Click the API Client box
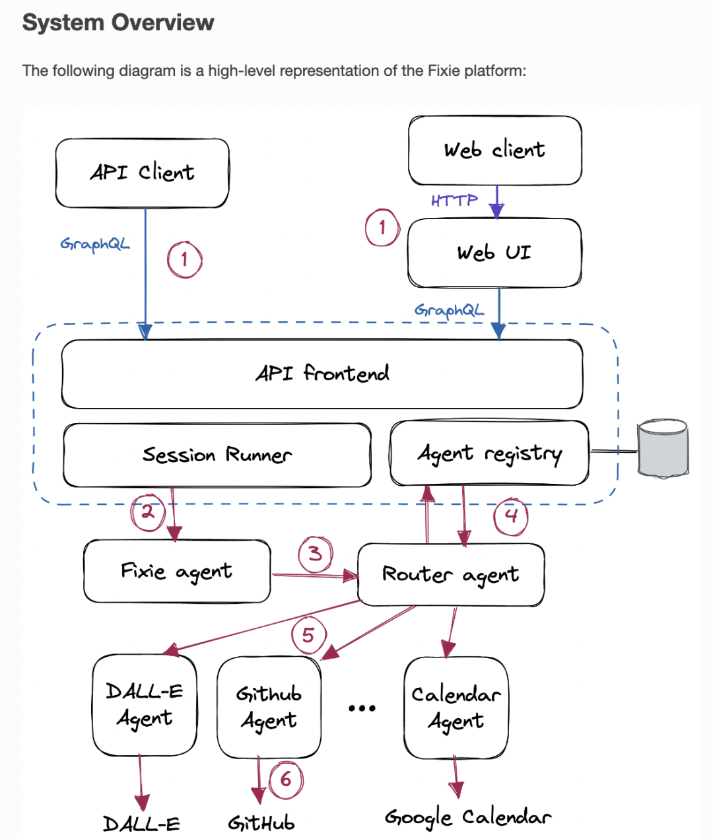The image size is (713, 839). (142, 173)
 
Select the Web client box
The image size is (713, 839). (495, 151)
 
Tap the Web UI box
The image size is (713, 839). (494, 252)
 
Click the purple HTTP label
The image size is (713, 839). (454, 200)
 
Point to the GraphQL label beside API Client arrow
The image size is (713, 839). (95, 244)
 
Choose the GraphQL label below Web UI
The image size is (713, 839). (449, 310)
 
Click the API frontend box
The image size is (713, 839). (322, 374)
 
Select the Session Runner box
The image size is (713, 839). (217, 455)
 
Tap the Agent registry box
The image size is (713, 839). (489, 453)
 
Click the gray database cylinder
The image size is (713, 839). (663, 449)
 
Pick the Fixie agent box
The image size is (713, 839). (177, 571)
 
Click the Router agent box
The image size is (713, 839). (451, 574)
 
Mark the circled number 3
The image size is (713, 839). (316, 554)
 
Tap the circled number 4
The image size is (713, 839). (511, 516)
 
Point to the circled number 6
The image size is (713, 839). (286, 780)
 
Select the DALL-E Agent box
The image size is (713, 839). (145, 705)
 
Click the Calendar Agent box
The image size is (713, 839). (456, 708)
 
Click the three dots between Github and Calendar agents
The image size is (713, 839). (362, 708)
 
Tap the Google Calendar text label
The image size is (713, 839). (468, 819)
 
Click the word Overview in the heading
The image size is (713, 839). (162, 22)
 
